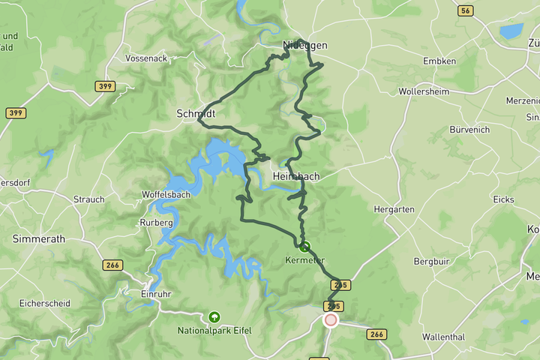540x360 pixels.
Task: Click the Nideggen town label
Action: click(x=304, y=46)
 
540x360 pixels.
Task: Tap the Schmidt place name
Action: click(x=196, y=114)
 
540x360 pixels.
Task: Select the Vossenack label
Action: click(x=146, y=58)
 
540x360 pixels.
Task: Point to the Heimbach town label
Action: click(x=296, y=176)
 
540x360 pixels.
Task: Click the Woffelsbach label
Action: click(x=166, y=195)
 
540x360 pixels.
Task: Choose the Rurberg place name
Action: click(x=156, y=223)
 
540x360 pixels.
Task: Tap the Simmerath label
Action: click(x=39, y=238)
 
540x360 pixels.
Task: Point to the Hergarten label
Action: click(x=394, y=210)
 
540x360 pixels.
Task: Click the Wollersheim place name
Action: click(x=424, y=91)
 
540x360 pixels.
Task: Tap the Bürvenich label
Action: click(x=469, y=130)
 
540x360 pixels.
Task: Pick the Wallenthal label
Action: click(x=448, y=337)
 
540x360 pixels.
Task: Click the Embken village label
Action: click(x=439, y=61)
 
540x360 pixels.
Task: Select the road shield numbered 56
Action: click(x=466, y=10)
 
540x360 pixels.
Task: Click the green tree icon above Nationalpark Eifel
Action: click(x=214, y=316)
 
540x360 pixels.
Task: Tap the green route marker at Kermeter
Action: click(x=304, y=246)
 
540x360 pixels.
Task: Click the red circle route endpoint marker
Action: click(x=331, y=320)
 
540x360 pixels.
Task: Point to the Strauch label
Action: click(x=88, y=199)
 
